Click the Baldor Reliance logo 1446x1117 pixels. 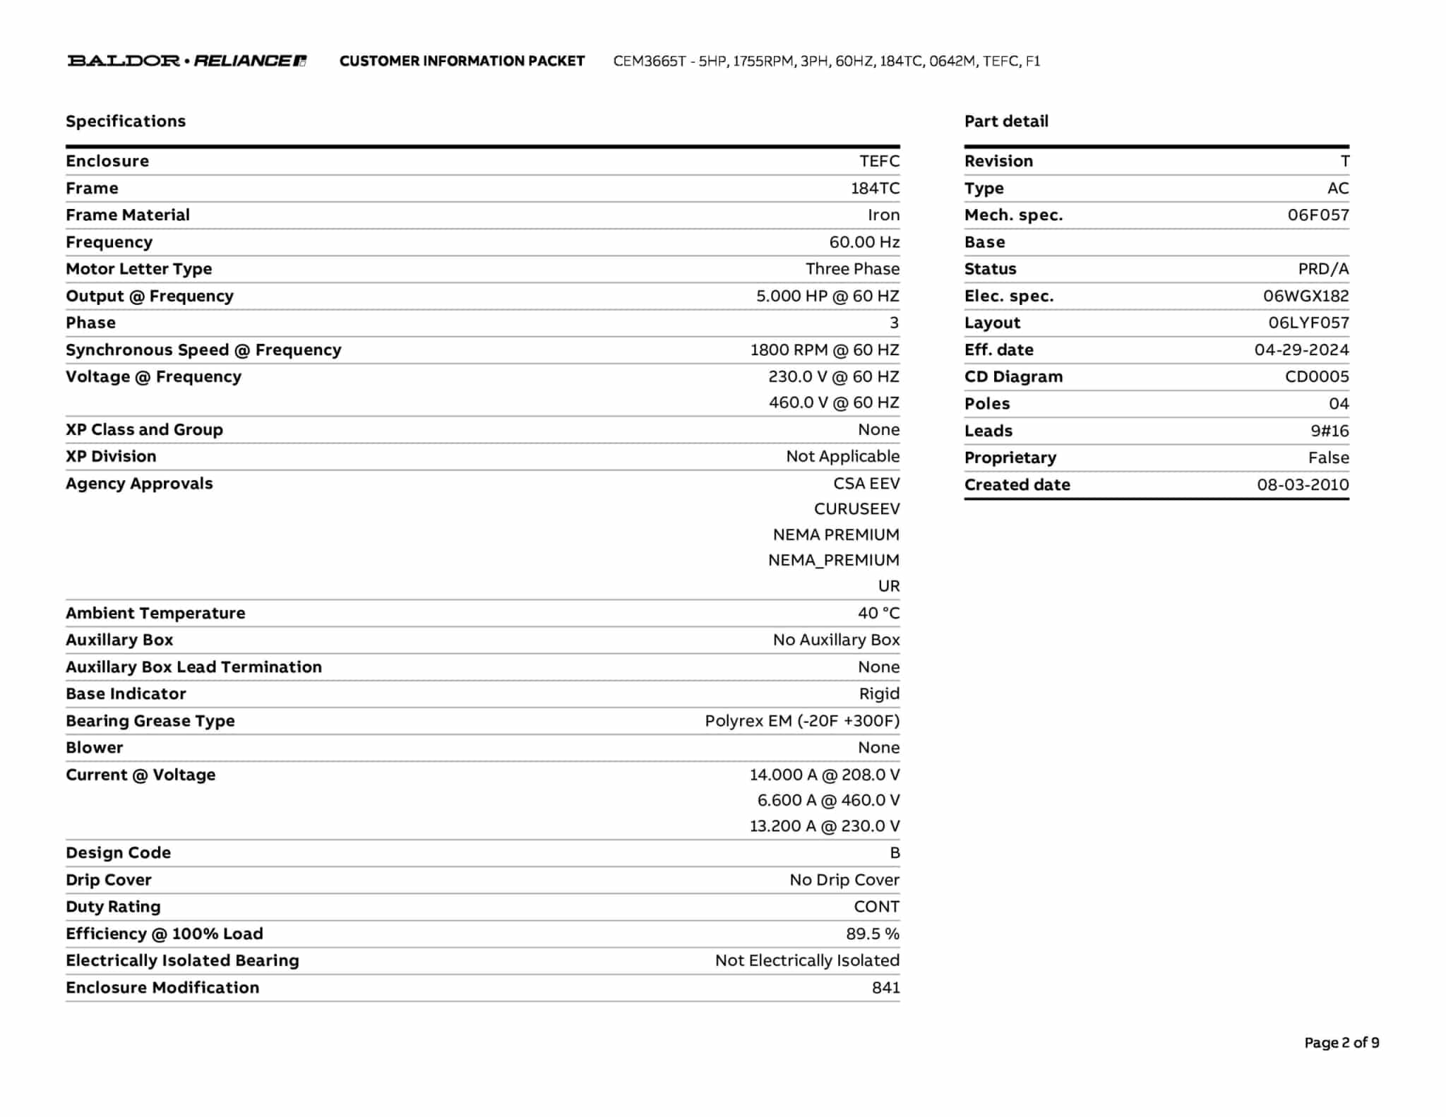click(186, 61)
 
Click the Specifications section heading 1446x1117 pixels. click(126, 121)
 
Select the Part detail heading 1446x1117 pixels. click(1006, 121)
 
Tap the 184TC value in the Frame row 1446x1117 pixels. click(875, 189)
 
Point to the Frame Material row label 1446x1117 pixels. click(128, 215)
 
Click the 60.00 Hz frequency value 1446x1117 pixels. click(864, 242)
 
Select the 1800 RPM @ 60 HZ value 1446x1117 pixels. click(824, 350)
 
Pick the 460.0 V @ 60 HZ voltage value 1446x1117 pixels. click(834, 402)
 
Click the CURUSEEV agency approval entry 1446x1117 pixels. click(856, 509)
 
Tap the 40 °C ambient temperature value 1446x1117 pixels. click(878, 613)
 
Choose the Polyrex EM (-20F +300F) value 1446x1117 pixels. click(802, 721)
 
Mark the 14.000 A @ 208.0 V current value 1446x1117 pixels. click(824, 775)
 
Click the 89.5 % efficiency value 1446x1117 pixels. click(873, 933)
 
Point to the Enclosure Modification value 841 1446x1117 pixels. click(885, 988)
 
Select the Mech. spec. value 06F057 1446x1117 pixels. click(1317, 215)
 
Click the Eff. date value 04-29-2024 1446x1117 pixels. click(1301, 350)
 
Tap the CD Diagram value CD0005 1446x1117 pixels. click(1316, 377)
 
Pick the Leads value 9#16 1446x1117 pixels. click(1330, 431)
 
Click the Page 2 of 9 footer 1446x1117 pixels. click(1342, 1043)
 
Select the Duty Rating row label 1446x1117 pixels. click(113, 907)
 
